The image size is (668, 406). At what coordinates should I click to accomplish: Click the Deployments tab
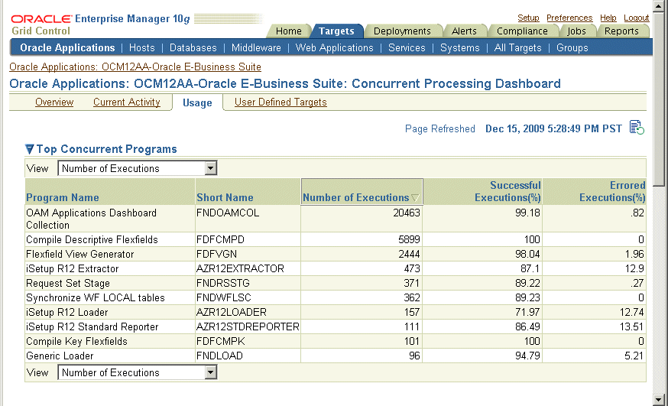tap(403, 31)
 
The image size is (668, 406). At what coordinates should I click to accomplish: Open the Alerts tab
tap(464, 31)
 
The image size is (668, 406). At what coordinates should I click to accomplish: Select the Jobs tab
tap(577, 31)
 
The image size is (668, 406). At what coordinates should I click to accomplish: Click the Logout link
tap(636, 18)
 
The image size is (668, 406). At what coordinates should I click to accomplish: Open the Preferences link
tap(569, 18)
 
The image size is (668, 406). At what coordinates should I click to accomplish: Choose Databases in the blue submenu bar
tap(193, 47)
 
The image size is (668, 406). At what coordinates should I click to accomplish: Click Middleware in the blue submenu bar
tap(256, 47)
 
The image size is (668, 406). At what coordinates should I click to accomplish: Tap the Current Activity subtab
tap(127, 102)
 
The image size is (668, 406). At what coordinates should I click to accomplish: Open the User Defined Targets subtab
tap(280, 102)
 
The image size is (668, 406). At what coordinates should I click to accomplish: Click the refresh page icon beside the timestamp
tap(637, 128)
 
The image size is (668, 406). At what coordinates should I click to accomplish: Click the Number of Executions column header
tap(356, 197)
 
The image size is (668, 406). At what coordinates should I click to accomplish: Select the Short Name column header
tap(225, 197)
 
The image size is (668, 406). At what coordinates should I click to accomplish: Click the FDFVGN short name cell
tap(219, 254)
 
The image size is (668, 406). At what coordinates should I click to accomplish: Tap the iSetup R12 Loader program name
tap(67, 312)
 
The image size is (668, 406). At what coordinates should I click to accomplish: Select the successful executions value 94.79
tap(524, 356)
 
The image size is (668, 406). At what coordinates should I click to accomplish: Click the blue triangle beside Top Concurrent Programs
tap(30, 149)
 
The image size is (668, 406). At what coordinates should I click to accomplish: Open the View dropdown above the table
tap(138, 168)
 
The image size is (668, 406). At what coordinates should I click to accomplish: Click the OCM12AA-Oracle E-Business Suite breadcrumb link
tap(135, 67)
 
